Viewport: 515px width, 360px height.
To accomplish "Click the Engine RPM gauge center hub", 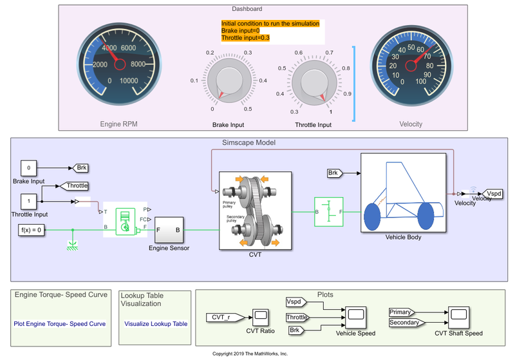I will point(119,64).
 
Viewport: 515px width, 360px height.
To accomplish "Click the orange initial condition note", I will point(270,30).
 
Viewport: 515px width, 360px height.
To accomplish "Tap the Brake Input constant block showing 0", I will point(28,168).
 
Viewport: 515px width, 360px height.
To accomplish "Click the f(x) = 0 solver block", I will point(32,229).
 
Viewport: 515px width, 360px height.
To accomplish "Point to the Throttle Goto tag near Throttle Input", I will point(77,185).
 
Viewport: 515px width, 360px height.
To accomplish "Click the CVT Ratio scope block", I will point(260,316).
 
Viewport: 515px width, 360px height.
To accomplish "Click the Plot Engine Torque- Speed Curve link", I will point(60,324).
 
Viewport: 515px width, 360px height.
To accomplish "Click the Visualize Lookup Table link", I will point(156,324).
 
